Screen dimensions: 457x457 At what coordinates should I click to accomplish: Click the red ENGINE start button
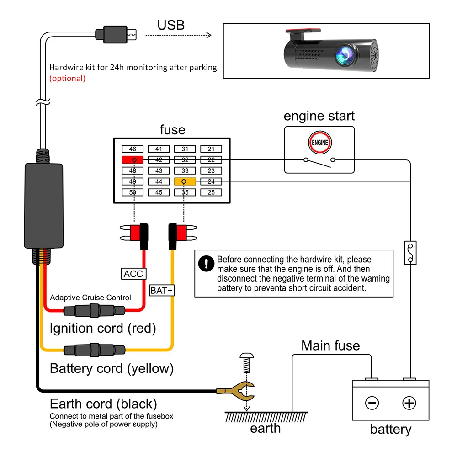click(320, 143)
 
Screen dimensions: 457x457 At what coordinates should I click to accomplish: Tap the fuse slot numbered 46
click(133, 149)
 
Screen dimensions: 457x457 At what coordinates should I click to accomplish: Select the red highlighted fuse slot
click(133, 159)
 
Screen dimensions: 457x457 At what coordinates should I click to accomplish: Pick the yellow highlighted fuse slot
click(185, 181)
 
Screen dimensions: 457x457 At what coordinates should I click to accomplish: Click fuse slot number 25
click(211, 192)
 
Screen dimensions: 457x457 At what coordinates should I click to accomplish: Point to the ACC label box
click(133, 274)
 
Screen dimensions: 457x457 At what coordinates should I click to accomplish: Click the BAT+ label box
click(162, 290)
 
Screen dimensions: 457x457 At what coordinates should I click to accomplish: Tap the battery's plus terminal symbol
click(409, 403)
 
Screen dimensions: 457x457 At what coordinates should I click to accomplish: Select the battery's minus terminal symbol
click(372, 403)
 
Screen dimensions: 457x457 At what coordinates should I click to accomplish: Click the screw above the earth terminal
click(247, 363)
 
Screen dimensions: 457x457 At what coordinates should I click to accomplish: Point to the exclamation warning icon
click(207, 264)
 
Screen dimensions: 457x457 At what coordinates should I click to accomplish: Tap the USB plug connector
click(116, 35)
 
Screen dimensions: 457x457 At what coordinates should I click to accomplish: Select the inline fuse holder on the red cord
click(95, 310)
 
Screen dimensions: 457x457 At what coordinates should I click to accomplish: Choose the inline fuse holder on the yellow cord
click(95, 350)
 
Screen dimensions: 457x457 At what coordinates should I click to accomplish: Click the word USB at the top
click(171, 25)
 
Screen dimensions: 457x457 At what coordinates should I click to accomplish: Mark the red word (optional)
click(67, 79)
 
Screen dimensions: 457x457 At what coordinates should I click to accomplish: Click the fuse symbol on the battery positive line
click(410, 253)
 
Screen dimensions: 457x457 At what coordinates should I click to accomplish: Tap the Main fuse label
click(330, 345)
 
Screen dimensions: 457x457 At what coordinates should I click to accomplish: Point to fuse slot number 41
click(159, 149)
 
